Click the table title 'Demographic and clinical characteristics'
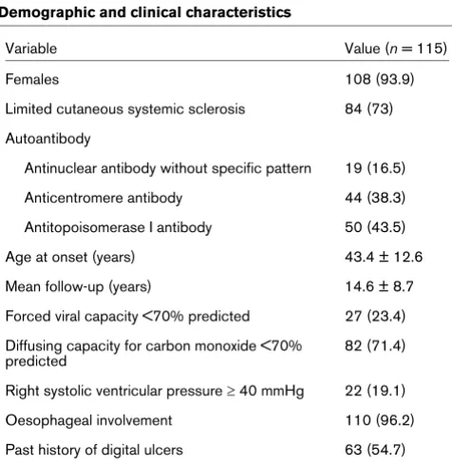click(x=145, y=12)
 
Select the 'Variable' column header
click(x=31, y=49)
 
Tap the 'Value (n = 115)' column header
click(x=396, y=49)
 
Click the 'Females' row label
click(x=32, y=79)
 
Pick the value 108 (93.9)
click(x=380, y=79)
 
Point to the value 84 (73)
click(x=368, y=109)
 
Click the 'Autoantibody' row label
click(x=47, y=139)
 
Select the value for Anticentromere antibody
click(x=375, y=198)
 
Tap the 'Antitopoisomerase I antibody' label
click(x=118, y=227)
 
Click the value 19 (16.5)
click(x=375, y=168)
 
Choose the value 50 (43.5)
click(x=375, y=227)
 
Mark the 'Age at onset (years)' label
click(x=70, y=257)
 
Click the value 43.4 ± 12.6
click(x=384, y=257)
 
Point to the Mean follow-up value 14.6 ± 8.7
click(x=379, y=286)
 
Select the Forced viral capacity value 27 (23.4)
click(x=375, y=317)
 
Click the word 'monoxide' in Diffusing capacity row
click(x=225, y=346)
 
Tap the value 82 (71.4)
click(x=375, y=346)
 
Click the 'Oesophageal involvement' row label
click(x=88, y=420)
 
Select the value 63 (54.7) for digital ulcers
click(x=375, y=450)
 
